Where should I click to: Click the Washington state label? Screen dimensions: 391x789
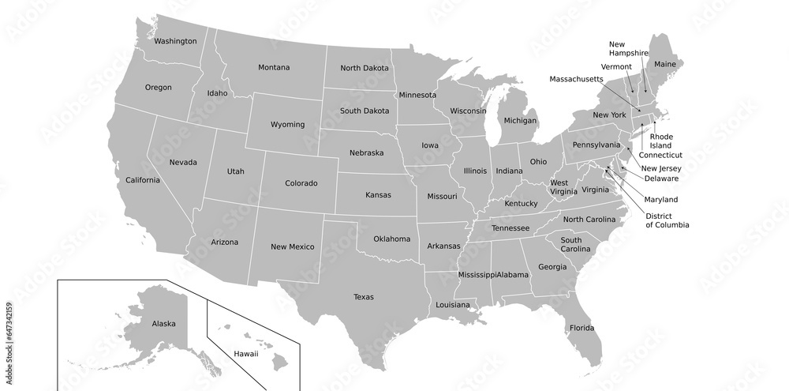175,41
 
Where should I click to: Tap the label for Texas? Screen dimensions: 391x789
364,297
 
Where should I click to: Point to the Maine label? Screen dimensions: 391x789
665,63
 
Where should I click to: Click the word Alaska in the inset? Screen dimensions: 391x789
164,323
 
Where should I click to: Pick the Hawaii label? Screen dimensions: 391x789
245,353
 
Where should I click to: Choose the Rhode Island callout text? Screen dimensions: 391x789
661,141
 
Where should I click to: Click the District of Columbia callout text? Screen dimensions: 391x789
667,220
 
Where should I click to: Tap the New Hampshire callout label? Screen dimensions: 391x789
628,48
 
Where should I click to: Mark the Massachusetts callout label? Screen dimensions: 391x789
577,79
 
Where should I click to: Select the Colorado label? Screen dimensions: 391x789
301,183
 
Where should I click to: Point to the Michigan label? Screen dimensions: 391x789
520,121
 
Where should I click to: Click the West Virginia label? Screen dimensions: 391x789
564,187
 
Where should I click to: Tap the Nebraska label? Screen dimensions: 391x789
367,152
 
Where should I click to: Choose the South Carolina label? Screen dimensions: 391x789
571,244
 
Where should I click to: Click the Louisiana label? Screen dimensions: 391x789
452,304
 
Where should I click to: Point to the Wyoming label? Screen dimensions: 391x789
287,125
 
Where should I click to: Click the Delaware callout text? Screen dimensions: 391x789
661,179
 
